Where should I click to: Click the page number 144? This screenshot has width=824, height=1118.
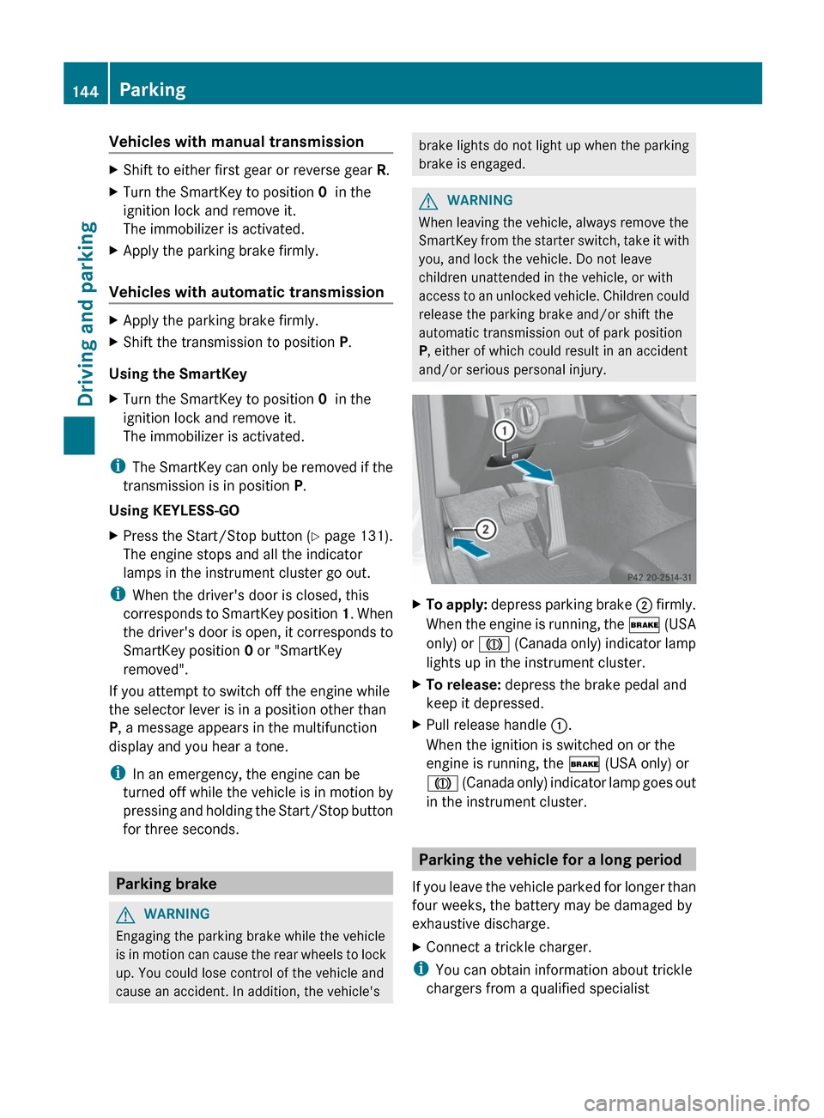point(85,91)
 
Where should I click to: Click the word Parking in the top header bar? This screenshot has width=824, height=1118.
point(153,89)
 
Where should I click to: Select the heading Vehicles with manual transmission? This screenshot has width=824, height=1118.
point(236,142)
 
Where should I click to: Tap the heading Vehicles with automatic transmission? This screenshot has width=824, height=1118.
point(246,292)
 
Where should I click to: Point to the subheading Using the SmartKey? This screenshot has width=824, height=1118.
point(178,374)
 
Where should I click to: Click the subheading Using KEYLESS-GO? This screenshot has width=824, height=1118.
point(174,510)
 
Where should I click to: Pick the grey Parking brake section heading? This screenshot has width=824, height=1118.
point(167,884)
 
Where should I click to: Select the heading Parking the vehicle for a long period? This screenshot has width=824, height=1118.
point(550,860)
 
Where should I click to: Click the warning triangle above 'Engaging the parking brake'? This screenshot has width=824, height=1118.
point(125,914)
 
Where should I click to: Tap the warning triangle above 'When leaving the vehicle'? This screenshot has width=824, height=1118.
point(428,201)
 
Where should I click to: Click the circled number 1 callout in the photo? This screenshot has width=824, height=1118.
point(504,430)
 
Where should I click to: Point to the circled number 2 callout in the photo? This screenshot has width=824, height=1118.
point(485,529)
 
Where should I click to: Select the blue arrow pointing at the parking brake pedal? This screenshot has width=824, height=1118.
point(470,548)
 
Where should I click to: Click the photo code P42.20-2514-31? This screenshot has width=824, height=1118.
point(659,577)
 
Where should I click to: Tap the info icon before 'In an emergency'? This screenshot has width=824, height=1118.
point(117,774)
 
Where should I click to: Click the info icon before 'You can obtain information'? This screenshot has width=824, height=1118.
point(420,969)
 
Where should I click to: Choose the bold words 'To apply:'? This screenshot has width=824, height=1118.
point(457,605)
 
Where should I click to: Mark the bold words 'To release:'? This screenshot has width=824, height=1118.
point(463,684)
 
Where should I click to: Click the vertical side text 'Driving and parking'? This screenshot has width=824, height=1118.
point(87,313)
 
